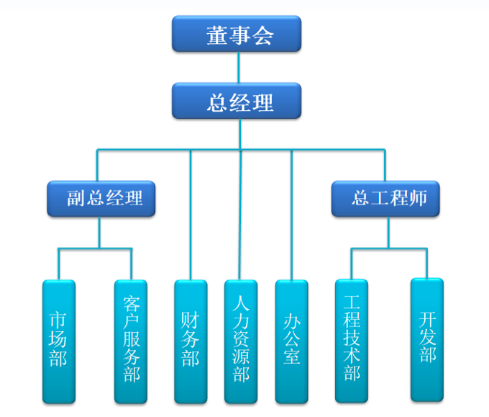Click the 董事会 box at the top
coord(236,34)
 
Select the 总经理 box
coord(236,101)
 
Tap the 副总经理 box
coord(101,198)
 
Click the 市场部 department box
coord(58,341)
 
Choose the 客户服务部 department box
coord(131,341)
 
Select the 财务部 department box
coord(191,341)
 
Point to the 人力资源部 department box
coord(241,341)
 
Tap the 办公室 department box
coord(291,341)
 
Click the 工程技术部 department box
coord(352,341)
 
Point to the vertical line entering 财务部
coord(191,216)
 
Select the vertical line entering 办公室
coord(291,216)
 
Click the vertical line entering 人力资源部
coord(241,216)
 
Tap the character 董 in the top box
coord(214,35)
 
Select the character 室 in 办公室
coord(291,356)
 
